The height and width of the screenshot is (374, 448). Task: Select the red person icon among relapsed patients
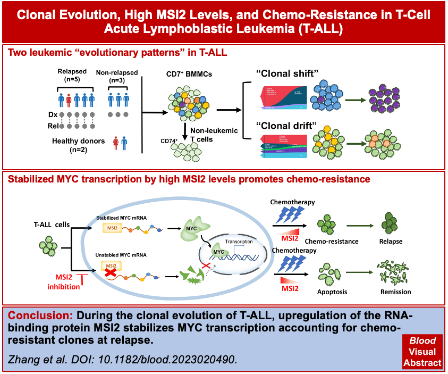69,100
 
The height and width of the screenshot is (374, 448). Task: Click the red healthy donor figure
115,143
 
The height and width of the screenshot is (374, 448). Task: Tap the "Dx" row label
52,114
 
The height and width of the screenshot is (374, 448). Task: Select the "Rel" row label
52,126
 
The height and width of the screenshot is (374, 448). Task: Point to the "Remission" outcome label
396,292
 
